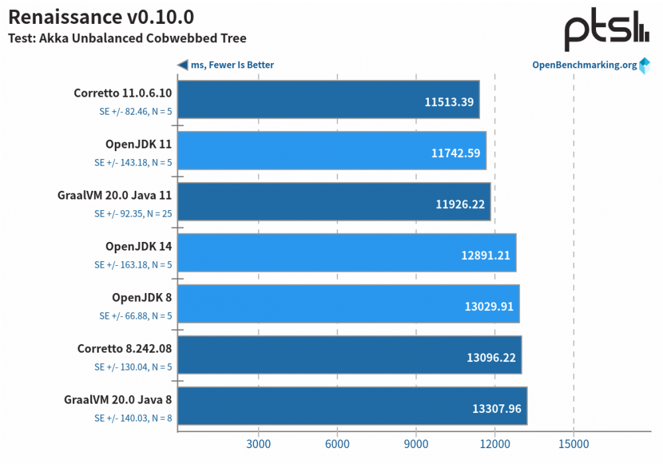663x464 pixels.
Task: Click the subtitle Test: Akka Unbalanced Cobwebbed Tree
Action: [127, 38]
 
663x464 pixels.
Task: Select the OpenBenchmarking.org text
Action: [584, 65]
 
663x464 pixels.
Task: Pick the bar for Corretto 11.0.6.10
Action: [328, 99]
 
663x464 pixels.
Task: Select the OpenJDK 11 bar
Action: [331, 150]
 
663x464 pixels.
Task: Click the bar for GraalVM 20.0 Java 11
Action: [333, 202]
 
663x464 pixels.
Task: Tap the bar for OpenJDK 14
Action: [347, 253]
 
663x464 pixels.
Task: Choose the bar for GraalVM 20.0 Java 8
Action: [352, 406]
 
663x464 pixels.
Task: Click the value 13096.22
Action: [490, 357]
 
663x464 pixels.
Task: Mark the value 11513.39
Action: [449, 102]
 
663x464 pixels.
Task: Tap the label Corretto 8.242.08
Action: [124, 348]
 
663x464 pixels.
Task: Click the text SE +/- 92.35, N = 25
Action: [133, 214]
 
